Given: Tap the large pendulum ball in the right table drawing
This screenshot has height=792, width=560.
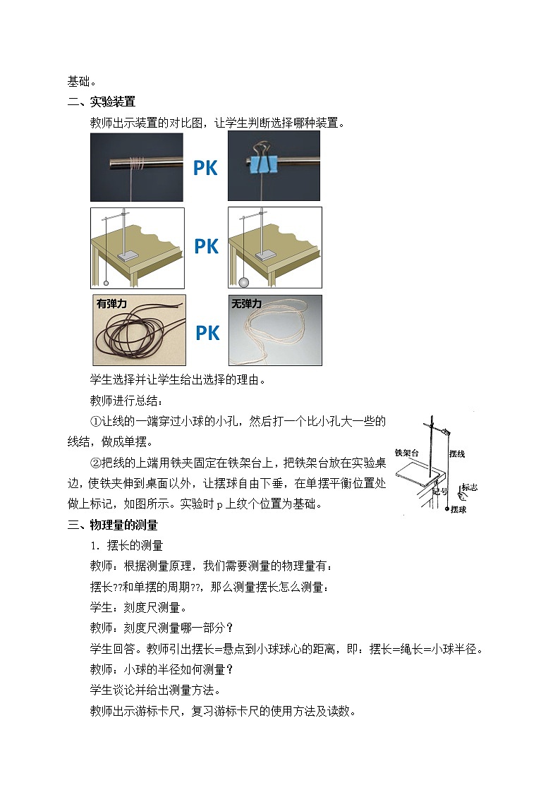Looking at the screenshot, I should pyautogui.click(x=244, y=283).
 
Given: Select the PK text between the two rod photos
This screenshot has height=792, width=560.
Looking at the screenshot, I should pyautogui.click(x=205, y=168).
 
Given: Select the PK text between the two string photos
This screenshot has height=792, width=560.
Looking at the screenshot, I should pyautogui.click(x=207, y=332).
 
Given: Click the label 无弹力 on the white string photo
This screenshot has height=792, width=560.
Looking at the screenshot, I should pyautogui.click(x=247, y=304).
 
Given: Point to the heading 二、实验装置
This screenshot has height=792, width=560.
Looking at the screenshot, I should pyautogui.click(x=102, y=102).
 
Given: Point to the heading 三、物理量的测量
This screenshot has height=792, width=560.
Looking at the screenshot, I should pyautogui.click(x=113, y=525).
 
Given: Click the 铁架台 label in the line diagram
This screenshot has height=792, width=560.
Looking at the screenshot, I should pyautogui.click(x=407, y=452).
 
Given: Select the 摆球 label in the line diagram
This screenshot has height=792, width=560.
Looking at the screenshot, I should pyautogui.click(x=458, y=508).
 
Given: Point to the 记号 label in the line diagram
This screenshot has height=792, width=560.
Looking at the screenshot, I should pyautogui.click(x=439, y=491).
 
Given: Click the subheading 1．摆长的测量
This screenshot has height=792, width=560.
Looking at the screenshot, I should pyautogui.click(x=126, y=545).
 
